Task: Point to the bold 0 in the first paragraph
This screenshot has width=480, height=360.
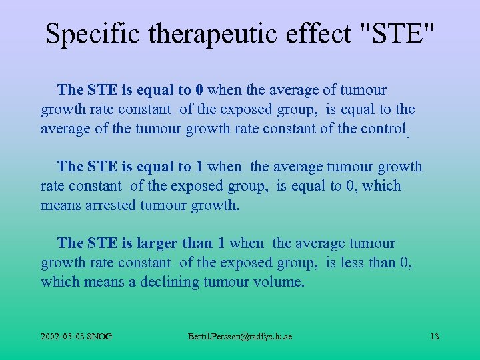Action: [199, 90]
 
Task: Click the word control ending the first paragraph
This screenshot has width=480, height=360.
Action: [382, 129]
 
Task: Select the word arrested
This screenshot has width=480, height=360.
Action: [111, 205]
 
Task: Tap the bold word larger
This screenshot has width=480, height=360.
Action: [157, 243]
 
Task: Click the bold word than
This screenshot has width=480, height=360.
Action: [201, 243]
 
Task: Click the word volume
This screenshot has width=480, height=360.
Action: [278, 282]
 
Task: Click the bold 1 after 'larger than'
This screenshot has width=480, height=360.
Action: [221, 243]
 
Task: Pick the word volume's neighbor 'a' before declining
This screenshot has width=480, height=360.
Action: [133, 282]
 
